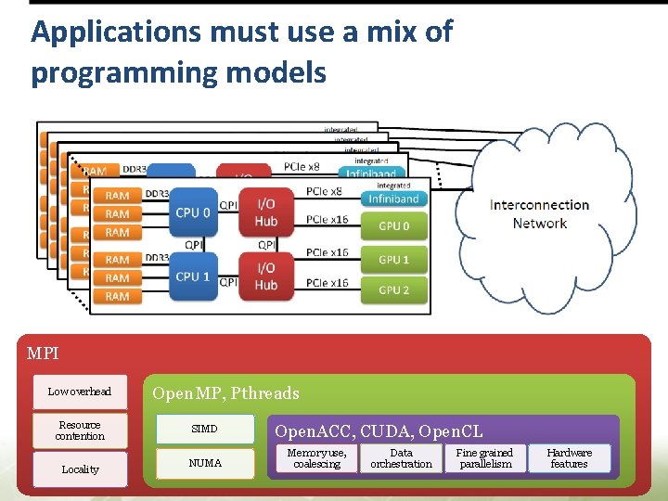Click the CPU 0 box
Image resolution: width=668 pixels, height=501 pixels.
click(x=193, y=212)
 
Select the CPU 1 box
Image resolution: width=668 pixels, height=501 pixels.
click(x=193, y=276)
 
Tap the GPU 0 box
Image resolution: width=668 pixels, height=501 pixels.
click(x=393, y=225)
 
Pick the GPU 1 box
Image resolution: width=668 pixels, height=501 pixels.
click(x=393, y=259)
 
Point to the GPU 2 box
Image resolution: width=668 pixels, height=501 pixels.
click(x=393, y=290)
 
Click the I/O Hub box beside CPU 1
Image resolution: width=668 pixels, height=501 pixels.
click(x=266, y=276)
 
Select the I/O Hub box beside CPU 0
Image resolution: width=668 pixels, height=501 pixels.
click(x=266, y=212)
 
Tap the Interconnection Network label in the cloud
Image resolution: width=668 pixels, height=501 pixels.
click(x=539, y=214)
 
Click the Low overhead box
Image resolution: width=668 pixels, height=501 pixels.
click(x=80, y=392)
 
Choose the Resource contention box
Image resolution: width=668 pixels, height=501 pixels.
click(x=80, y=430)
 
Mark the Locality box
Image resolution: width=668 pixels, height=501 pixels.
click(x=80, y=469)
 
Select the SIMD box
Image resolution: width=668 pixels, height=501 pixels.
click(x=205, y=429)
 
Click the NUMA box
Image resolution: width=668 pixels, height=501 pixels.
click(x=205, y=463)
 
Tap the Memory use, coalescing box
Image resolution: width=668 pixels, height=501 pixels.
click(x=316, y=458)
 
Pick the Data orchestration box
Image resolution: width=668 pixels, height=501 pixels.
click(x=401, y=458)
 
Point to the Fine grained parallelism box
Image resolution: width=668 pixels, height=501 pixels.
click(x=484, y=458)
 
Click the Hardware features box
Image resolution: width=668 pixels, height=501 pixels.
click(x=569, y=458)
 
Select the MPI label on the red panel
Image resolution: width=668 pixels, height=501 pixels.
click(x=43, y=353)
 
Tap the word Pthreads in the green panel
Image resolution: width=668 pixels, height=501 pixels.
click(x=264, y=393)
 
